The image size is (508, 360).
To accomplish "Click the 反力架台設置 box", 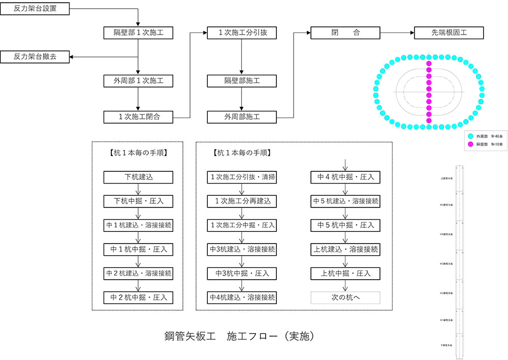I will (x=35, y=9).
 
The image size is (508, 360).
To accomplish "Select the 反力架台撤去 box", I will (x=35, y=57).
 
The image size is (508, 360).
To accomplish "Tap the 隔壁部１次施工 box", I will (x=139, y=33).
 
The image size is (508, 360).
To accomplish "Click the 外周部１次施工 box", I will (x=139, y=81).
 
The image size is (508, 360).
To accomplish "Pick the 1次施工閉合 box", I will (x=139, y=117).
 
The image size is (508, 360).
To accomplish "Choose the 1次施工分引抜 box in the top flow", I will (x=242, y=33).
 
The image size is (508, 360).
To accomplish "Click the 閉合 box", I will (x=345, y=33).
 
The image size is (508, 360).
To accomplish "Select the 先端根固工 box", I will (x=449, y=33).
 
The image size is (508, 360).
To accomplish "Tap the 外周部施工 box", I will (x=242, y=117).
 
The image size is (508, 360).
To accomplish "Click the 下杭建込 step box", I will (x=139, y=177).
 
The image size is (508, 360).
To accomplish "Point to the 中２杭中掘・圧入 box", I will (x=139, y=297).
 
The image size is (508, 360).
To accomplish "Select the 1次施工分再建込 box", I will (x=242, y=201).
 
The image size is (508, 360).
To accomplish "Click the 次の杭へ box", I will (x=345, y=297).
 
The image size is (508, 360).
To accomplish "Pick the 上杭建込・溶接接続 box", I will (x=345, y=249).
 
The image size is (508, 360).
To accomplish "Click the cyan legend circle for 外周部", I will (x=470, y=136).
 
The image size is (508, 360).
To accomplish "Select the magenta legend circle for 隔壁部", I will (x=470, y=144).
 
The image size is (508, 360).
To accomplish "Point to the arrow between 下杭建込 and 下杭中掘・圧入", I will (x=139, y=189).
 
